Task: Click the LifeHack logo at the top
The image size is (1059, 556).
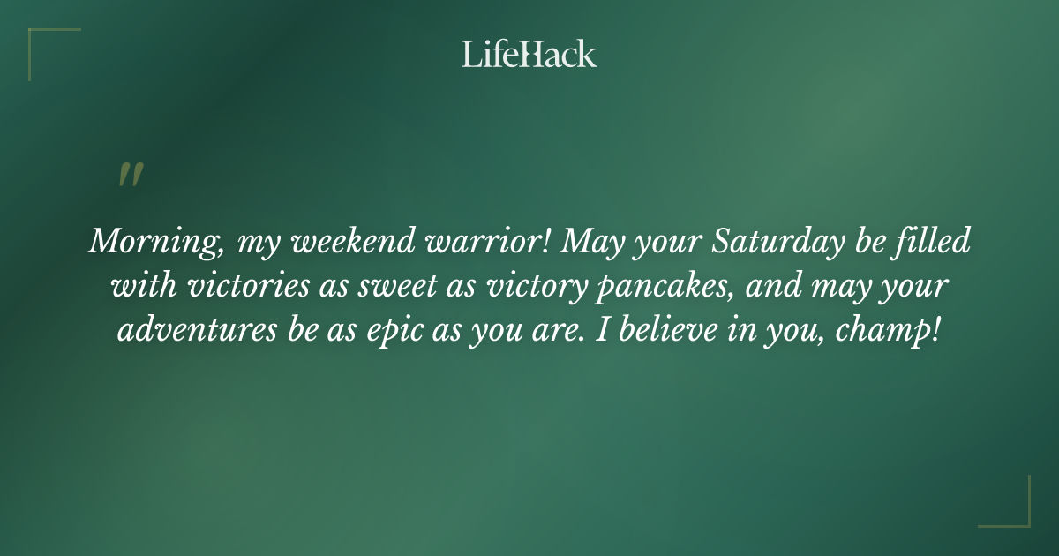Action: [529, 54]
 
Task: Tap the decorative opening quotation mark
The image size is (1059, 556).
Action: [130, 176]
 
